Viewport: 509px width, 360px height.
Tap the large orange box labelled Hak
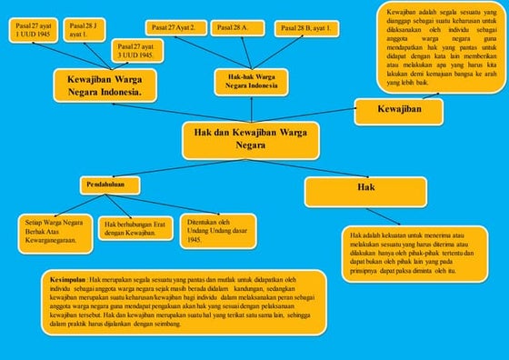coord(365,191)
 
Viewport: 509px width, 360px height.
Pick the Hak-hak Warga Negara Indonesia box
coord(251,82)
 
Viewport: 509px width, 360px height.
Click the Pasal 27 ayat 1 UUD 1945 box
coord(34,31)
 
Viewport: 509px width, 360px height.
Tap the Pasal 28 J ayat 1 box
coord(85,31)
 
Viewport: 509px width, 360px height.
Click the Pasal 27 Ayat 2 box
coord(175,28)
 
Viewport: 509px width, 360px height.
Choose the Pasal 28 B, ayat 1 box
coord(304,28)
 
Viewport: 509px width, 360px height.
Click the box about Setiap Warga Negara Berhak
coord(54,232)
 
